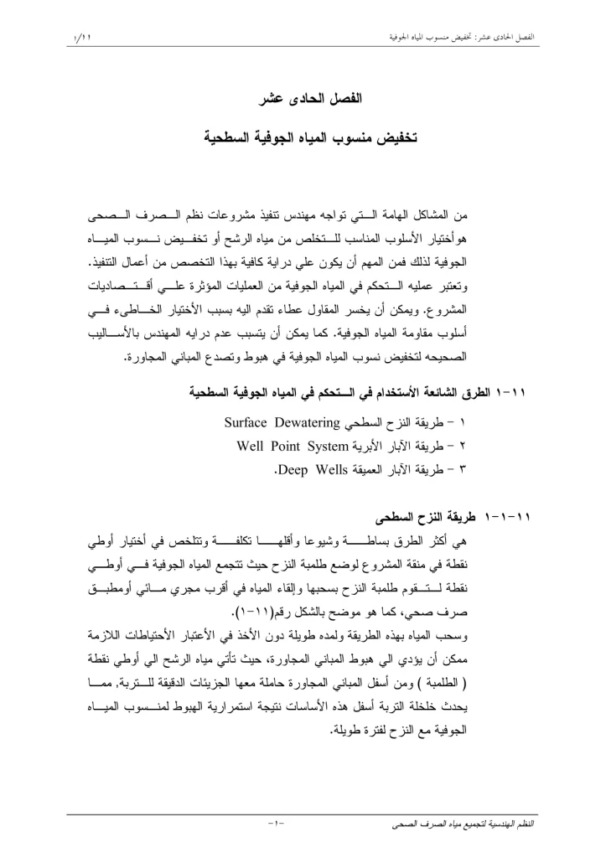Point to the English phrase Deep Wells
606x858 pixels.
320,469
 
